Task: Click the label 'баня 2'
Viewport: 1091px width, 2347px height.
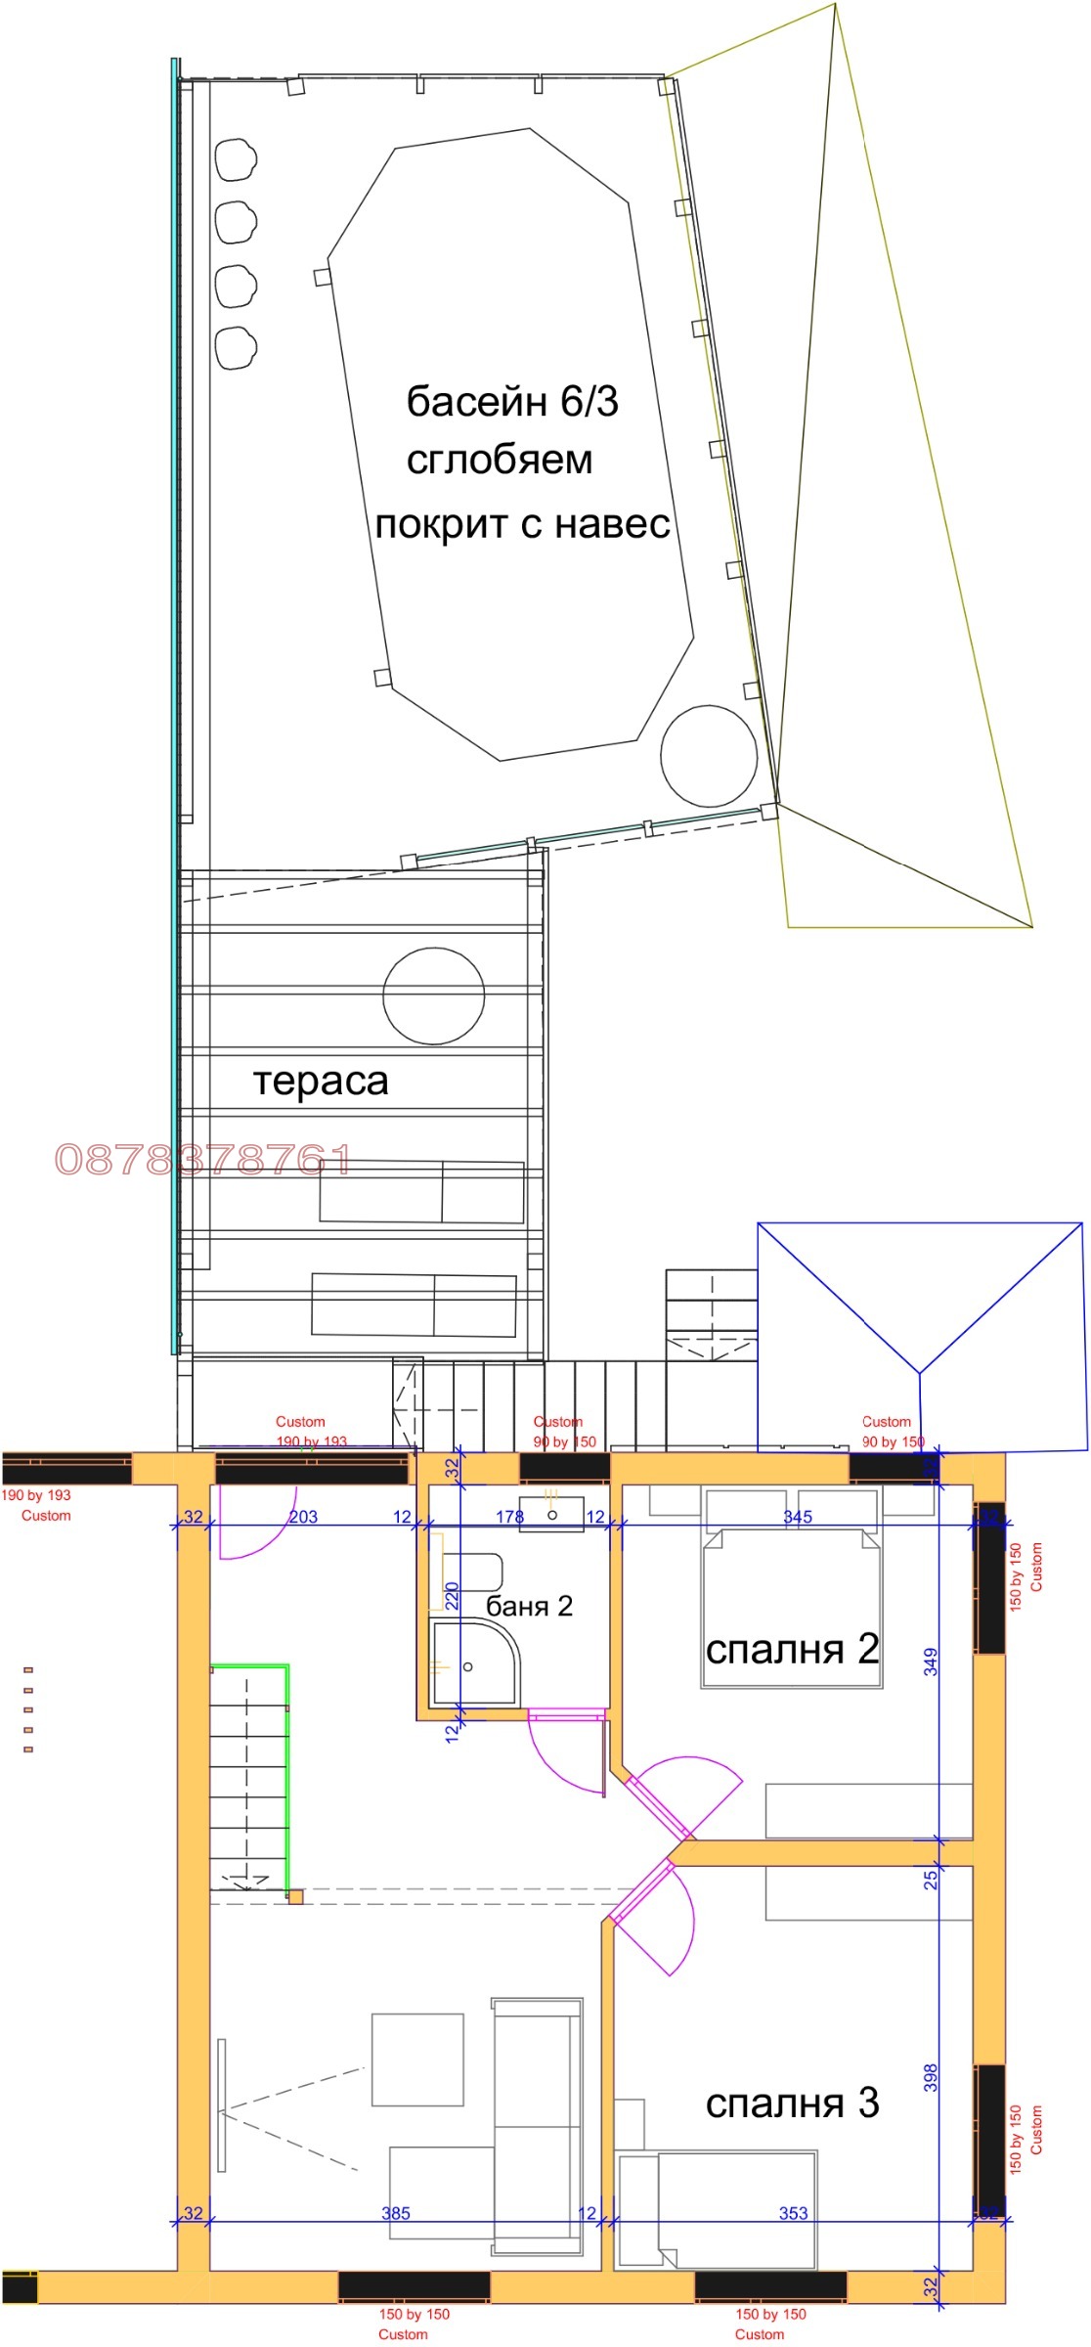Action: (529, 1606)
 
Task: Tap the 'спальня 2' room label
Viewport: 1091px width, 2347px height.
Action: (792, 1649)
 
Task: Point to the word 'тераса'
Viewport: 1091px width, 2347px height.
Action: (321, 1081)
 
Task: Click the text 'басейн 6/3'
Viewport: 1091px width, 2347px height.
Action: (512, 402)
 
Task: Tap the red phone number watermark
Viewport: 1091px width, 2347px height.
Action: (202, 1160)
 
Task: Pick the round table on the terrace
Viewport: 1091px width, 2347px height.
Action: (433, 995)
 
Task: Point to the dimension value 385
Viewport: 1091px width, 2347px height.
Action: (396, 2212)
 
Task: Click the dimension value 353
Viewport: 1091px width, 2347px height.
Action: (793, 2212)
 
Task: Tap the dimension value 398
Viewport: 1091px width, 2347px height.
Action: (931, 2077)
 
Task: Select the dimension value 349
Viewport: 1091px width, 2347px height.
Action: (931, 1661)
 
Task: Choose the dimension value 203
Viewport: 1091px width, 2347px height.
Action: (303, 1517)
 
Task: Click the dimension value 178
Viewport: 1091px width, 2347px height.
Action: (509, 1517)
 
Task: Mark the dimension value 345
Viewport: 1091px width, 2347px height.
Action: (797, 1517)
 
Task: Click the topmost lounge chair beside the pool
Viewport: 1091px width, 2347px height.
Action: (236, 159)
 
